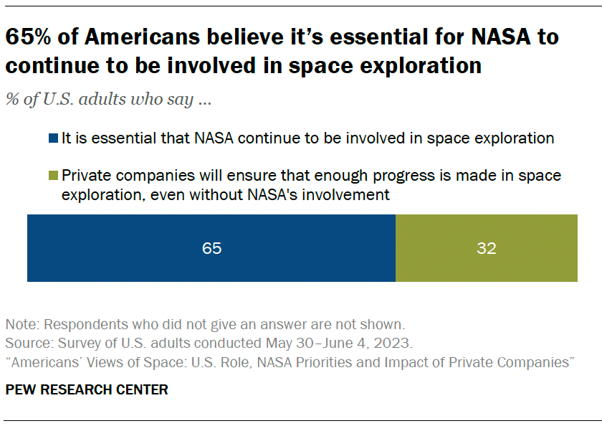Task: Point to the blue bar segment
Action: click(x=211, y=248)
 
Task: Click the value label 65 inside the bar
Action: click(x=211, y=249)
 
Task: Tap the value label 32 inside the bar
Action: click(x=486, y=249)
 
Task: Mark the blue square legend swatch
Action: click(x=54, y=139)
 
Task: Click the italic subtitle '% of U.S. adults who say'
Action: click(x=107, y=100)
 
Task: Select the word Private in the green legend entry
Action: click(x=85, y=176)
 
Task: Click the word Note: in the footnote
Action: click(x=21, y=323)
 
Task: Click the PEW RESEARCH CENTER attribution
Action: click(x=87, y=390)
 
